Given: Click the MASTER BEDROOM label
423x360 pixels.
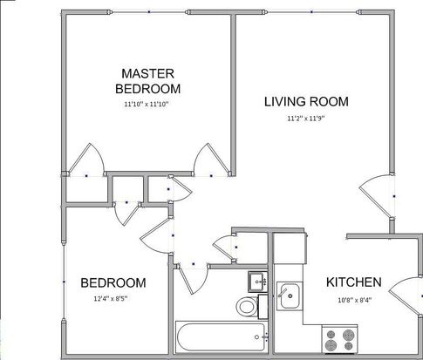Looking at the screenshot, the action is coord(147,81).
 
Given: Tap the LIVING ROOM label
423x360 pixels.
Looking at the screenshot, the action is coord(306,101).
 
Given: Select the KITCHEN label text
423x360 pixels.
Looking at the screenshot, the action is coord(354,282).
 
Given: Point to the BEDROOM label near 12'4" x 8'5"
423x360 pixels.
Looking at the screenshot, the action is coord(113,283).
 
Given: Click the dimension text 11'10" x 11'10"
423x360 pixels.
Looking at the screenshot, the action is coord(147,105).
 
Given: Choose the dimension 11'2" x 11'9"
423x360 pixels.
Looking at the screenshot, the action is coord(306,119).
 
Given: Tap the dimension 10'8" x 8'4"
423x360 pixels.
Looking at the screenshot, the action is coord(355,300).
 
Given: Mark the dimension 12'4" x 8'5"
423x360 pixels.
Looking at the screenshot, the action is coord(111,298).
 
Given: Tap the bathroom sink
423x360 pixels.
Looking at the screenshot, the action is coord(257,282).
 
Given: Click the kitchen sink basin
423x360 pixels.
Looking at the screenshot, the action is coord(290,296).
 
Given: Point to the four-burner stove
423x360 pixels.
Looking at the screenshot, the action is coord(339,339).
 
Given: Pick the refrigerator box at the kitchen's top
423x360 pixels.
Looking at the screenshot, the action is coord(290,248).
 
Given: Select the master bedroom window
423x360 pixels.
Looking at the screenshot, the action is coord(149,12).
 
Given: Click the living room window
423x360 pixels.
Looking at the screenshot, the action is coord(311,12).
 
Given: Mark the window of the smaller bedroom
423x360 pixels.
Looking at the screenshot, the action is coord(64,282).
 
